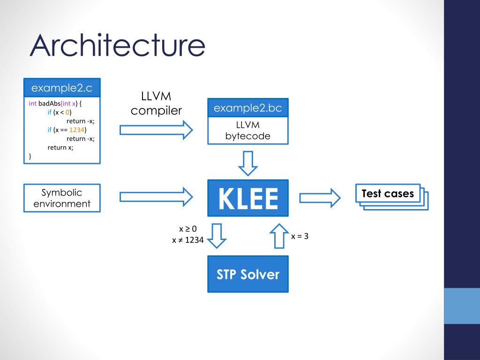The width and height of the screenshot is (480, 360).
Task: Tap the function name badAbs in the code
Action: tap(49, 104)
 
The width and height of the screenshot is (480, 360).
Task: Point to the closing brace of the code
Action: tap(30, 156)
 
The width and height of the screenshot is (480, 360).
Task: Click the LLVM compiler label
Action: tap(156, 104)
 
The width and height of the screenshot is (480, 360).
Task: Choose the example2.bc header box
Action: tap(248, 108)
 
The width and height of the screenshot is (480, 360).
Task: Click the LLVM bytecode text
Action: tap(248, 131)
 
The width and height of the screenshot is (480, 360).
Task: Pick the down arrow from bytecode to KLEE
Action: tap(248, 163)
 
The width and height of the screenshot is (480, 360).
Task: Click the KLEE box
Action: tap(248, 198)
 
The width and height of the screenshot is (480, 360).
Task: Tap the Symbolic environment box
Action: tap(62, 198)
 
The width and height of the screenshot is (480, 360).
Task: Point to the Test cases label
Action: tap(388, 194)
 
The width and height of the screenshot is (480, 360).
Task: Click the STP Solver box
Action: tap(248, 274)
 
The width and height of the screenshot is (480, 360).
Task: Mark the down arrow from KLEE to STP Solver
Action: tap(217, 236)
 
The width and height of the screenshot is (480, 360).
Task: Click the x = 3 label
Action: tap(300, 236)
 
